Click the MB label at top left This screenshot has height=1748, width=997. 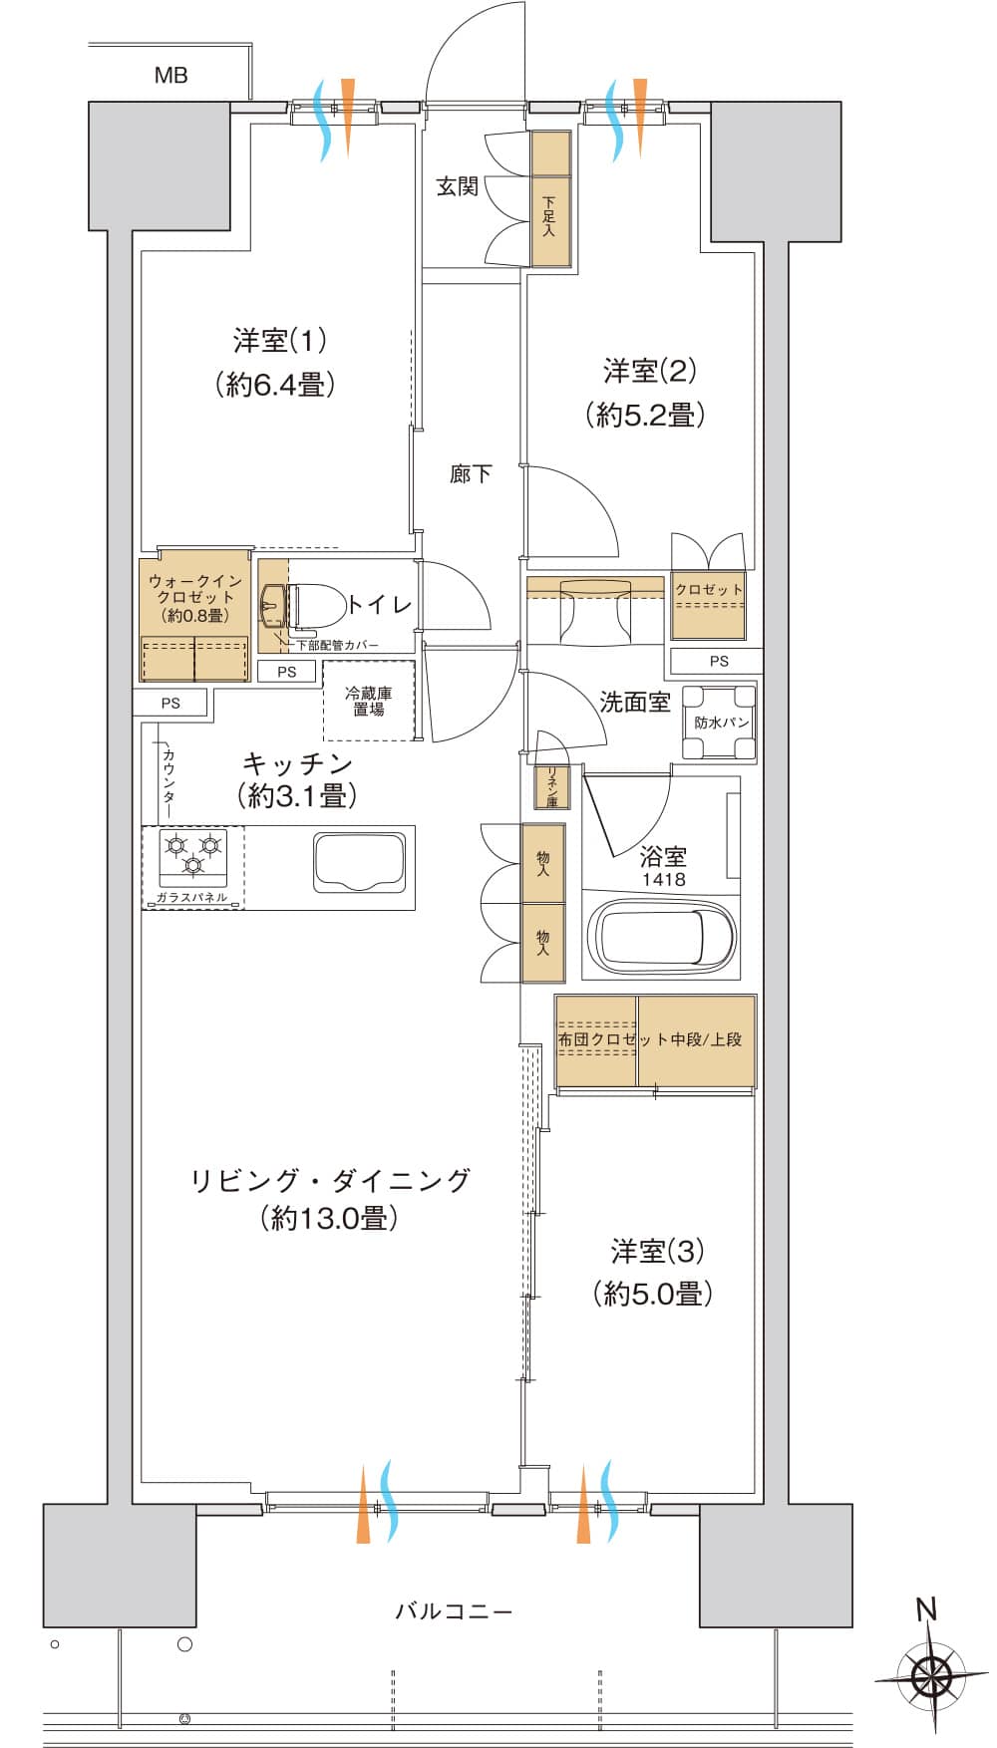[170, 75]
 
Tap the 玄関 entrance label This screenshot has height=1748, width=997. [458, 186]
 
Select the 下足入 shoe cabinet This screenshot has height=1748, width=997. [549, 216]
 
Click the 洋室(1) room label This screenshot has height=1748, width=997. [280, 341]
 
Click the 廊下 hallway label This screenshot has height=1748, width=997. [470, 473]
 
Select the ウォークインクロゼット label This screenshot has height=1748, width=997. [195, 597]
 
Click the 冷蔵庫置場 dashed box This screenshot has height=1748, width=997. [368, 701]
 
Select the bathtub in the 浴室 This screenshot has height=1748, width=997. [665, 938]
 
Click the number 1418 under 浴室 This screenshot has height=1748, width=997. [663, 879]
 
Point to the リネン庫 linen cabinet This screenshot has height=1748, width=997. [550, 786]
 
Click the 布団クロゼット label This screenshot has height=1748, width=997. [596, 1039]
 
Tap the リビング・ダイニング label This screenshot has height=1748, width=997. [329, 1180]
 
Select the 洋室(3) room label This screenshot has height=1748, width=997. [657, 1251]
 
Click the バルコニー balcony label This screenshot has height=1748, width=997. [454, 1610]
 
